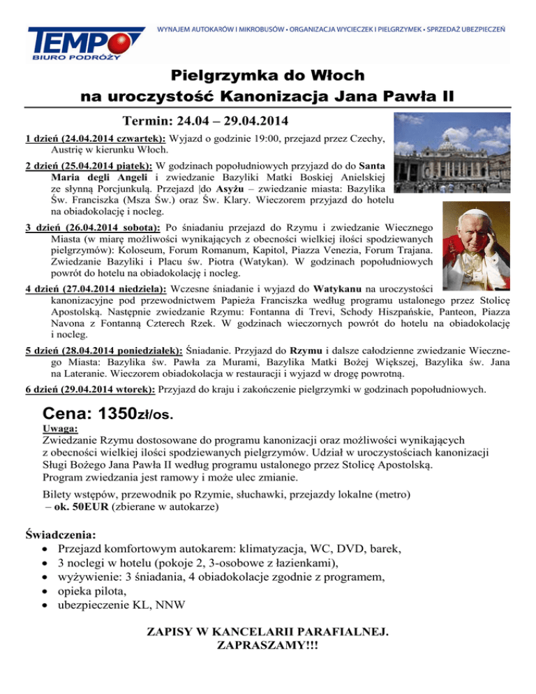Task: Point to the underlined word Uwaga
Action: click(60, 429)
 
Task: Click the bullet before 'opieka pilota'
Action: click(44, 591)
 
